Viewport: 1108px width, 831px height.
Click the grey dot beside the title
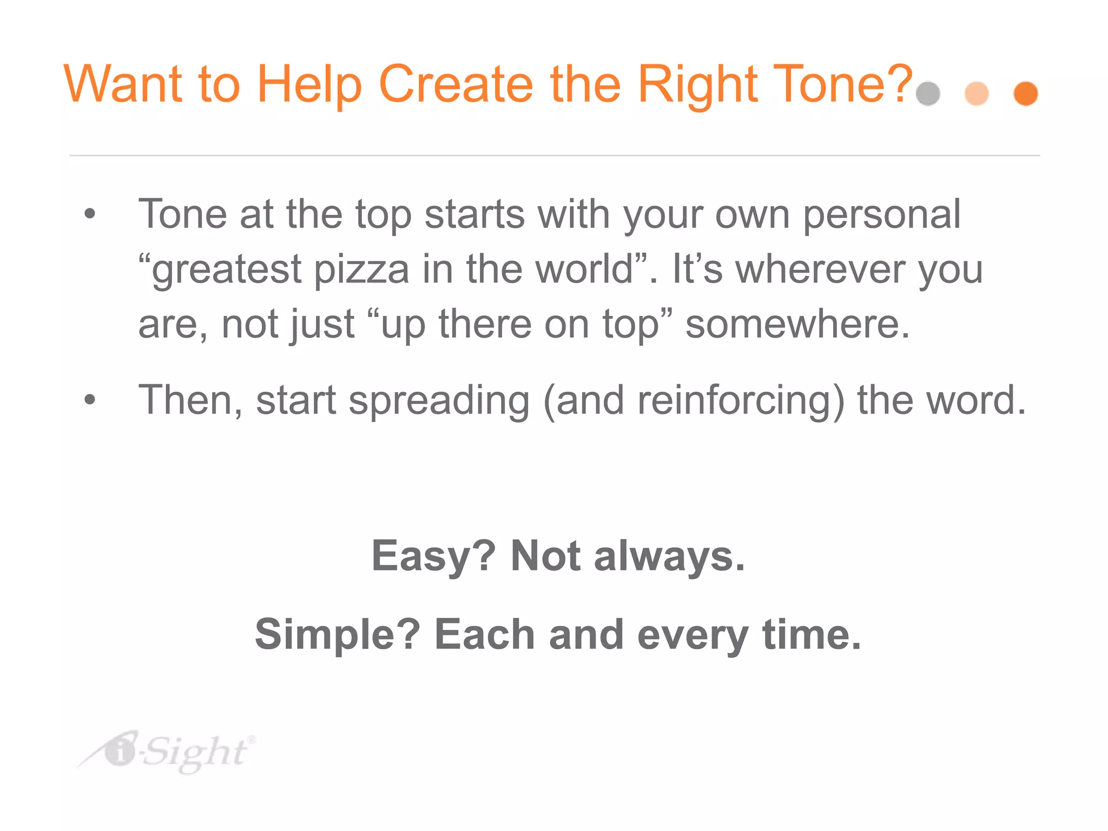coord(928,94)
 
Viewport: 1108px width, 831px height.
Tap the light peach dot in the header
coord(977,94)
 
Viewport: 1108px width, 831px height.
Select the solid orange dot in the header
coord(1026,94)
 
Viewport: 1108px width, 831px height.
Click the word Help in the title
coord(309,85)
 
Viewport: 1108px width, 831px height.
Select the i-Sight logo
coord(168,752)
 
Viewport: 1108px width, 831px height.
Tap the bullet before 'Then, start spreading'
coord(90,400)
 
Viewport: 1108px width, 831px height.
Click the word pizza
coord(361,270)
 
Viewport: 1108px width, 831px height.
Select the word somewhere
coord(797,324)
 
